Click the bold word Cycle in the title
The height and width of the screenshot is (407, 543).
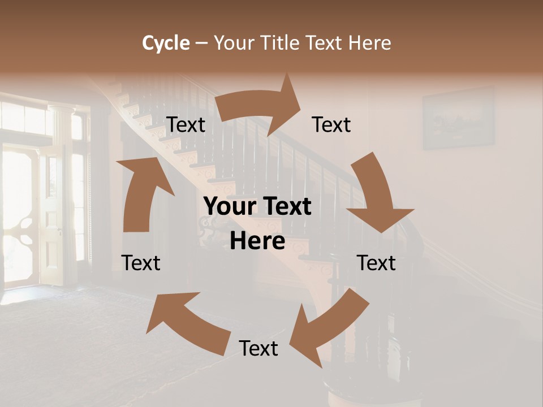pyautogui.click(x=166, y=43)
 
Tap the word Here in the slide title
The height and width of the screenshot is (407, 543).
pyautogui.click(x=370, y=43)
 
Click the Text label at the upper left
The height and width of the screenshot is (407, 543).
pyautogui.click(x=186, y=125)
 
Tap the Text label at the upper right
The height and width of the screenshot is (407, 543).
pyautogui.click(x=331, y=125)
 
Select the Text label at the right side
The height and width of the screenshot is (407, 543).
pyautogui.click(x=376, y=263)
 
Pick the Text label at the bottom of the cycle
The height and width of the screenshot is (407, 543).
pyautogui.click(x=258, y=348)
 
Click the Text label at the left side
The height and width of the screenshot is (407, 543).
pyautogui.click(x=141, y=263)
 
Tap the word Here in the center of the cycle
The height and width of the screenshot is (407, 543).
pyautogui.click(x=257, y=241)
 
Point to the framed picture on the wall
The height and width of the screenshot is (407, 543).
pyautogui.click(x=458, y=118)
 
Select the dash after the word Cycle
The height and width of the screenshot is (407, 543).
pyautogui.click(x=201, y=43)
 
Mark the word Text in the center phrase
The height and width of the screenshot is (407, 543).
pyautogui.click(x=286, y=206)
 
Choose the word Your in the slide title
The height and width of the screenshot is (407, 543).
pyautogui.click(x=235, y=43)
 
